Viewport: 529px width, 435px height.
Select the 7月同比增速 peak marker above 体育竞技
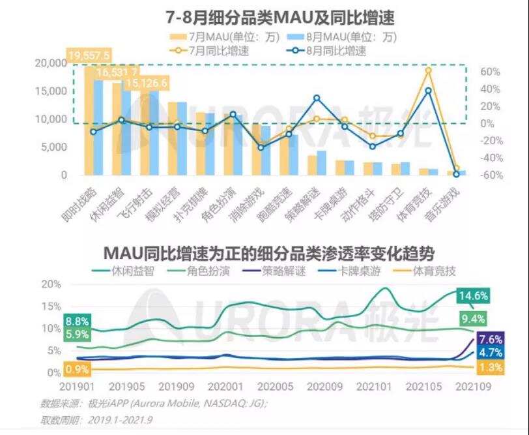428,70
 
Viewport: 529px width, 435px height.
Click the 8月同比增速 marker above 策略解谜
317,98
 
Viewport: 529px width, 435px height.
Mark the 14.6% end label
472,296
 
